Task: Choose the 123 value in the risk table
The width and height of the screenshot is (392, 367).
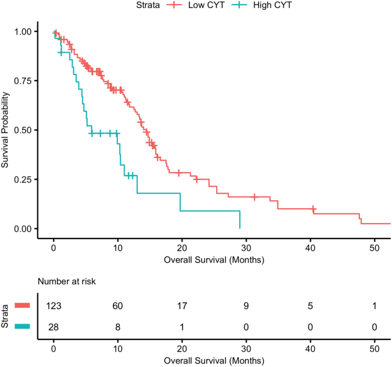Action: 54,306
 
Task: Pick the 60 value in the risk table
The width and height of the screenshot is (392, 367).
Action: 118,306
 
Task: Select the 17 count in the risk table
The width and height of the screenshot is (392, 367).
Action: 182,306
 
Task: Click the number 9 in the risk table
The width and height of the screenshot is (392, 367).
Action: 246,306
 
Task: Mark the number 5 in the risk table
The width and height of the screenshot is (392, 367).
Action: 310,306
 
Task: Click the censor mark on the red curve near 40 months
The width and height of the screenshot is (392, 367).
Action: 314,209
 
